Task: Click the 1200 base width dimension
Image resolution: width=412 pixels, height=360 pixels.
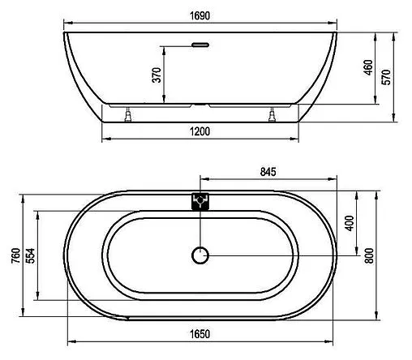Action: point(200,132)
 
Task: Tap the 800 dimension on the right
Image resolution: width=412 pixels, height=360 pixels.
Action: point(371,255)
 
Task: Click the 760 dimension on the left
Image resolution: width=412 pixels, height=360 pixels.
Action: point(14,257)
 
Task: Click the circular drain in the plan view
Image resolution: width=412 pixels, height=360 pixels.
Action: point(200,256)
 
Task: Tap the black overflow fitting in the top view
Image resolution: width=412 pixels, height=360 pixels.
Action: point(200,200)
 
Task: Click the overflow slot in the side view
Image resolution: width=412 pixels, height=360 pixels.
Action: point(200,46)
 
